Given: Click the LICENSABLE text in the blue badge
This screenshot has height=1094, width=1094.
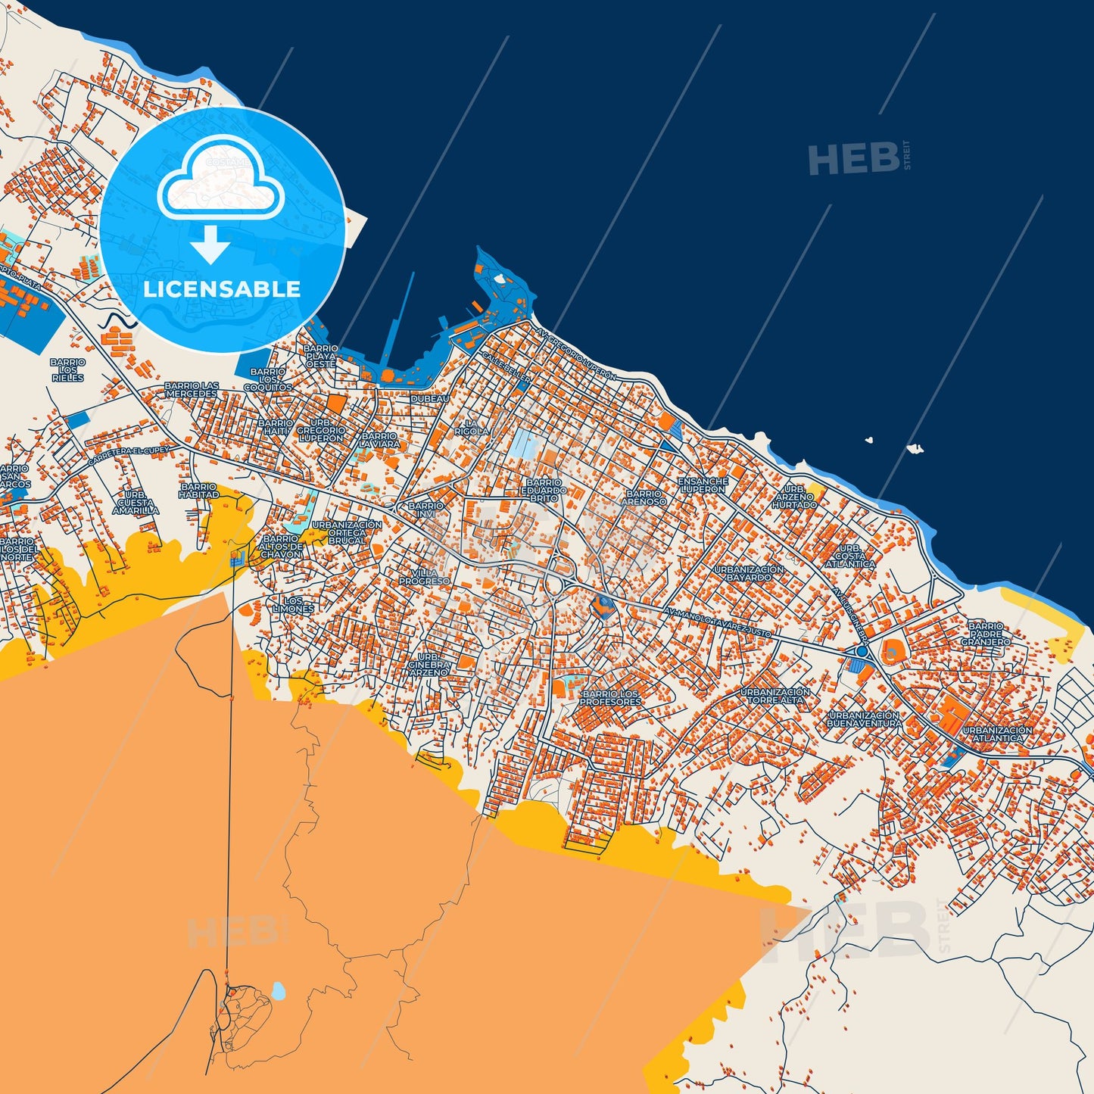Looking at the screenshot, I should [x=222, y=289].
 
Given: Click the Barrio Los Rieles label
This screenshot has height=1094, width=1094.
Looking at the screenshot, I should [x=68, y=370].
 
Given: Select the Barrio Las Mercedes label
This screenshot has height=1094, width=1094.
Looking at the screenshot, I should [x=192, y=390].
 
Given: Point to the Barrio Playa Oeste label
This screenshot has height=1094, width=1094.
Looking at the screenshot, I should [x=320, y=357].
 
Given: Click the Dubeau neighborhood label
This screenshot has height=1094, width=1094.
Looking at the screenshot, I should [x=430, y=398].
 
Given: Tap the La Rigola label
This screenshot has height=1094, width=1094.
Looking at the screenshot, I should [x=472, y=427].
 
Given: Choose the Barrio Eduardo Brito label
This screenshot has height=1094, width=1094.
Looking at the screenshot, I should [x=544, y=490].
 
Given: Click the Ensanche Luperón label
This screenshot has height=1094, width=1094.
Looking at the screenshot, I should [x=703, y=485].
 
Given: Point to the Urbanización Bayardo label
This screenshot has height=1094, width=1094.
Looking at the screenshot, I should [x=749, y=573].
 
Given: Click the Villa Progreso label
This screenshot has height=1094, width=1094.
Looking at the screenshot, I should [x=424, y=577].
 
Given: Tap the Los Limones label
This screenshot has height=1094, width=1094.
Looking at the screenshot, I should [x=293, y=605].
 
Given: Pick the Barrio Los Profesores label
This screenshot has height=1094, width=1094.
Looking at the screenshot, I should [x=610, y=698].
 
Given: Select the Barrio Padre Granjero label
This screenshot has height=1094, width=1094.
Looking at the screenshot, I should [x=986, y=634].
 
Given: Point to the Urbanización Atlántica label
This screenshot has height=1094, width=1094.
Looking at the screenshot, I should [x=997, y=734].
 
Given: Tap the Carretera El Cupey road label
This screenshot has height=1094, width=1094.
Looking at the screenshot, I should [x=129, y=457].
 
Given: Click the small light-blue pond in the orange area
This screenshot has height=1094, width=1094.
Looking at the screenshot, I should [x=279, y=990].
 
